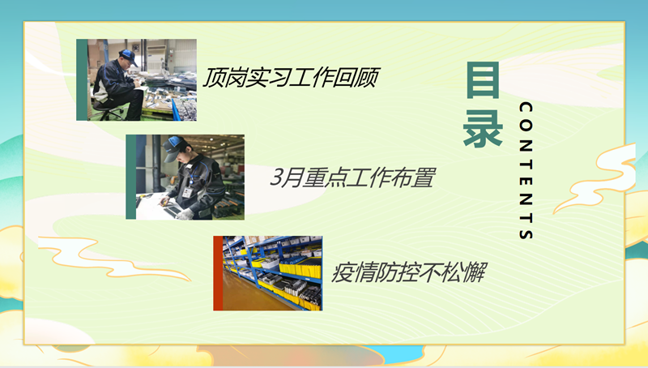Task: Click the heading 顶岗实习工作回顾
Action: pos(290,77)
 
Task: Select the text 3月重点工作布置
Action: pos(352,178)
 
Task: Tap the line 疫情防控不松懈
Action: pos(408,272)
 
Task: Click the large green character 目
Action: pos(483,80)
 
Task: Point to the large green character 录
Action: pos(483,129)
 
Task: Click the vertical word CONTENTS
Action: pos(526,171)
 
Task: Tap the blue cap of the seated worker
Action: pos(128,56)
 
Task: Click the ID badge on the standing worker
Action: pos(188,192)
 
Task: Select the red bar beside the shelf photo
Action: pos(218,273)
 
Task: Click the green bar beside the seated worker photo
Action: pos(82,79)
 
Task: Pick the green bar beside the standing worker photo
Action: pos(131,177)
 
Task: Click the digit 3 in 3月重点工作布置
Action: pos(276,178)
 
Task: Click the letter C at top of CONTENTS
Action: pos(526,108)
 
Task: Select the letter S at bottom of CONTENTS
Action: pos(526,233)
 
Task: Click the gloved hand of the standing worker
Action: pos(185,214)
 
